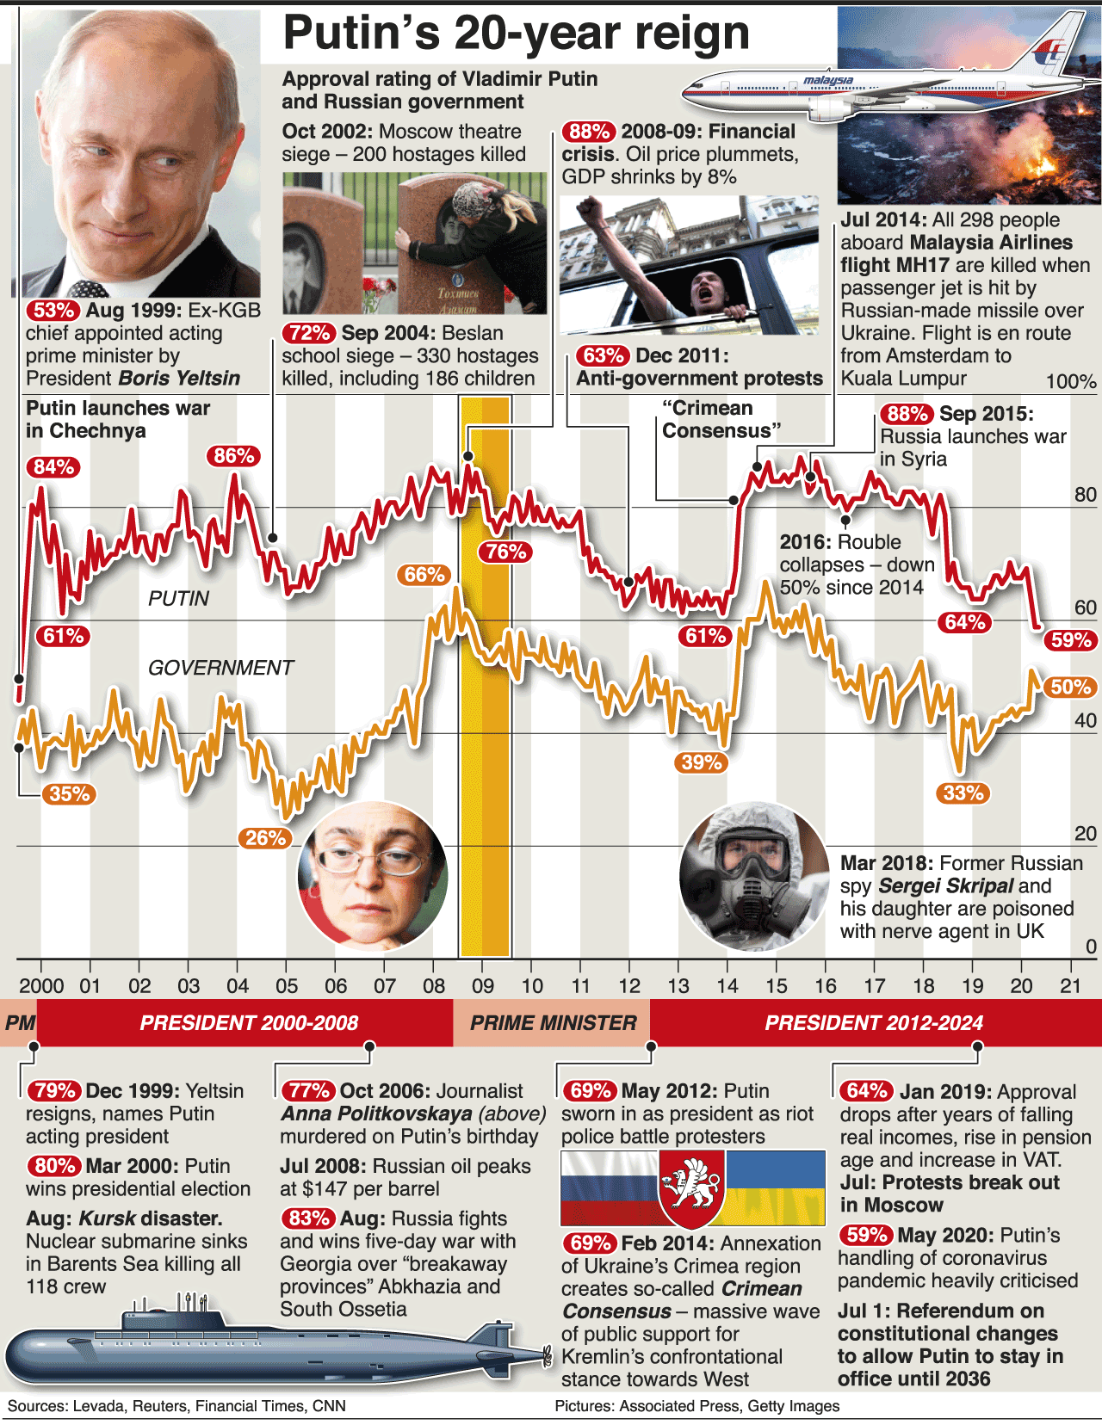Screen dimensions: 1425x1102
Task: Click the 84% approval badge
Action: click(53, 467)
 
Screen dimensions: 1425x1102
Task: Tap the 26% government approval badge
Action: click(265, 838)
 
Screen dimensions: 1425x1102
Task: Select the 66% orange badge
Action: click(424, 575)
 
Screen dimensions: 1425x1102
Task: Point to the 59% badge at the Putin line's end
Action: click(1071, 640)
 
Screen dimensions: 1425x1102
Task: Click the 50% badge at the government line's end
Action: click(1071, 687)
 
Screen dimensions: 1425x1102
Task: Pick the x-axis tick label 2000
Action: click(41, 986)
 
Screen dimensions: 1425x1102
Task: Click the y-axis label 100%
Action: click(1071, 382)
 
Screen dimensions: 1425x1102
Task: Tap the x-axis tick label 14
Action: click(727, 986)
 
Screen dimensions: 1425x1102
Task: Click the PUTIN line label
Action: click(178, 599)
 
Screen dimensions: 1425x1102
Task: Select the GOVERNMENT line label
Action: click(220, 668)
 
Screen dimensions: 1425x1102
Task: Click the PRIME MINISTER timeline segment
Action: click(553, 1023)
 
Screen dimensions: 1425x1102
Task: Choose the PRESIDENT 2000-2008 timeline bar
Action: click(249, 1023)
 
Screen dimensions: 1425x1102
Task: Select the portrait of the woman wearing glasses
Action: click(373, 874)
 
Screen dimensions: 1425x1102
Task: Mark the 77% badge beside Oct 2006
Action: click(308, 1091)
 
